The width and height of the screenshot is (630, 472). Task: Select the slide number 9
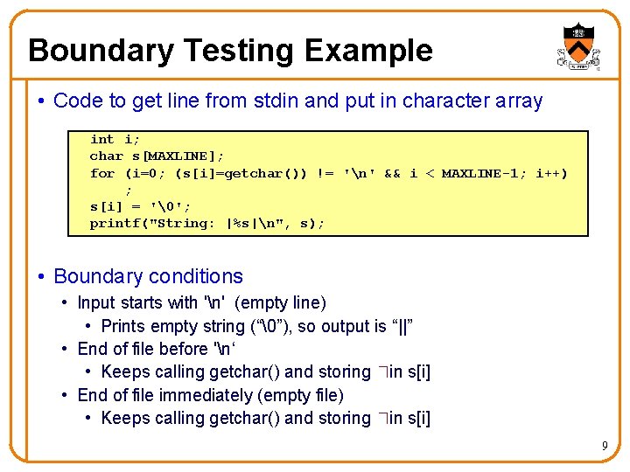pyautogui.click(x=604, y=448)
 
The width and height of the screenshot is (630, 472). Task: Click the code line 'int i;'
pyautogui.click(x=114, y=140)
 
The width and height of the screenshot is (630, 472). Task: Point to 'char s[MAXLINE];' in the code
pyautogui.click(x=157, y=156)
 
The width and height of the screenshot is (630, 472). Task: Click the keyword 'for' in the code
pyautogui.click(x=102, y=173)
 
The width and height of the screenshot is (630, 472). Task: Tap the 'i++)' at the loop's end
pyautogui.click(x=550, y=173)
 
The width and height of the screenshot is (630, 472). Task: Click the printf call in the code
pyautogui.click(x=206, y=223)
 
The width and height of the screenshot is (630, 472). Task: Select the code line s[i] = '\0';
pyautogui.click(x=140, y=206)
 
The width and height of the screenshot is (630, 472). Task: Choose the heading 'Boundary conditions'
pyautogui.click(x=148, y=276)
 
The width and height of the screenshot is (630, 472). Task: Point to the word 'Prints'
pyautogui.click(x=124, y=326)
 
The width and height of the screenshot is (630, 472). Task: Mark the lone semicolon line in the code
pyautogui.click(x=129, y=191)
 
